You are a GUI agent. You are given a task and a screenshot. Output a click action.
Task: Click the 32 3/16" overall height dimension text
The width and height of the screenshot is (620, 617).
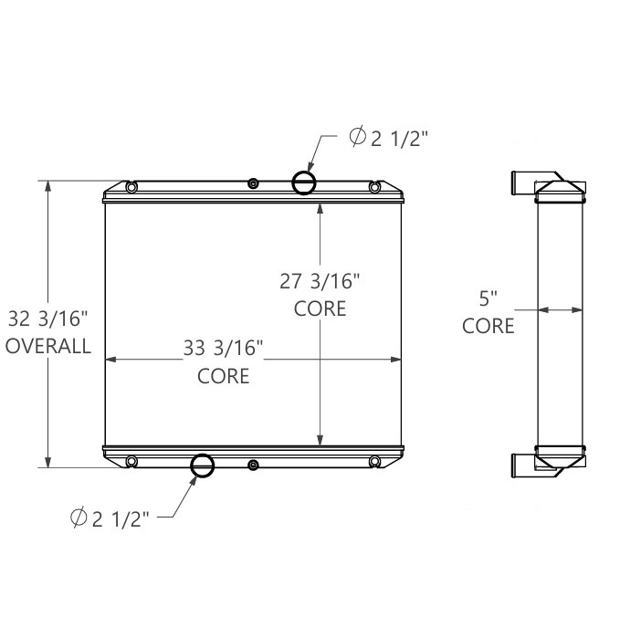pyautogui.click(x=47, y=319)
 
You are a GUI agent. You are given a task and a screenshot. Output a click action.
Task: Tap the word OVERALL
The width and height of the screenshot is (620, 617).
pyautogui.click(x=48, y=346)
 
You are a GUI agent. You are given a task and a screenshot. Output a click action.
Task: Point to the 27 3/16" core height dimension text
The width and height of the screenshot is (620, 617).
pyautogui.click(x=320, y=280)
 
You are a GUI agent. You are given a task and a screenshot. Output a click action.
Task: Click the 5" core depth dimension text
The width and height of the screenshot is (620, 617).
pyautogui.click(x=489, y=298)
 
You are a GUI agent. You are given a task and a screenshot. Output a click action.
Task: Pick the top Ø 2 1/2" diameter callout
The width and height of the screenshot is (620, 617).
pyautogui.click(x=389, y=138)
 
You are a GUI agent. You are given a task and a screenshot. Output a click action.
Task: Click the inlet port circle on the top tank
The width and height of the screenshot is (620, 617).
pyautogui.click(x=304, y=183)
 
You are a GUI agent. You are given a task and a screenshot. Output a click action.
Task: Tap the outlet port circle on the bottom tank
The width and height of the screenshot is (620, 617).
pyautogui.click(x=202, y=465)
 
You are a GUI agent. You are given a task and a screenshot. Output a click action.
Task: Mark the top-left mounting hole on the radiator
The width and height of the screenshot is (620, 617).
pyautogui.click(x=132, y=188)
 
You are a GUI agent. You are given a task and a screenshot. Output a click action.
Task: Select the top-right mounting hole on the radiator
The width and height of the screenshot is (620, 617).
pyautogui.click(x=374, y=188)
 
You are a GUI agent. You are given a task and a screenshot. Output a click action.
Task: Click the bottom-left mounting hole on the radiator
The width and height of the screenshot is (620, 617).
pyautogui.click(x=132, y=461)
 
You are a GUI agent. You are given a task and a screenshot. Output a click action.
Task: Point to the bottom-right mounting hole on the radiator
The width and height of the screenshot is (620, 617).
pyautogui.click(x=374, y=461)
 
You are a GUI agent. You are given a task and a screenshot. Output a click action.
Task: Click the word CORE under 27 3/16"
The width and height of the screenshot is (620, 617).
pyautogui.click(x=321, y=308)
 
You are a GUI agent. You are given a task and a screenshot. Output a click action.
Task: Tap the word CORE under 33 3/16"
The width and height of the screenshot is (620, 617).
pyautogui.click(x=224, y=375)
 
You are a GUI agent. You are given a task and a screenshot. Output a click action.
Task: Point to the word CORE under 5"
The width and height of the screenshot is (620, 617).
pyautogui.click(x=489, y=326)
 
